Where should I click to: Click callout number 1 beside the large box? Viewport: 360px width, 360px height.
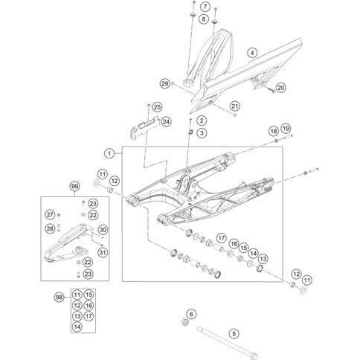coord(109,154)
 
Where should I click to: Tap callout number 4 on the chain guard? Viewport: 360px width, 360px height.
coord(252,53)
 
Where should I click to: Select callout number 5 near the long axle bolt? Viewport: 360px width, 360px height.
coord(234,333)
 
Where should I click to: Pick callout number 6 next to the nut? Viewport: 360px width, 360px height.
coord(191,315)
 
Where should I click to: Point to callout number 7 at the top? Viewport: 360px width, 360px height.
coord(205,7)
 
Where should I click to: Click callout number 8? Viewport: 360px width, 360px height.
coord(204,19)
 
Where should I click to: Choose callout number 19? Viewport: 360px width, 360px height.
coord(286,129)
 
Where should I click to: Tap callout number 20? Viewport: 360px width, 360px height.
coord(281,88)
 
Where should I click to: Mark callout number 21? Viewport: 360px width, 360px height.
coord(234,106)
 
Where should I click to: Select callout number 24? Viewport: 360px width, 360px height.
coord(166,122)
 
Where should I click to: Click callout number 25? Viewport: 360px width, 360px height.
coord(157,107)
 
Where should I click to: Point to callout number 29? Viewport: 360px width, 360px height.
coord(164,83)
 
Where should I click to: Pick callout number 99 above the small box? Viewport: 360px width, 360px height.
coord(74,187)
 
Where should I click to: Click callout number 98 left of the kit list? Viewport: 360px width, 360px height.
coord(59,297)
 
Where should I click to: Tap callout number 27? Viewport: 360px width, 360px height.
coord(50,214)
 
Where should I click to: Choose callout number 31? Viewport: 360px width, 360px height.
coord(103,252)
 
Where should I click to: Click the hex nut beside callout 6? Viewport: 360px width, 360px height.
coord(184,321)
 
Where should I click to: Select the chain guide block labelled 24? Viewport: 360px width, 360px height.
coord(144,127)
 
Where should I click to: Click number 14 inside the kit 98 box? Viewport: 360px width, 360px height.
coord(77,327)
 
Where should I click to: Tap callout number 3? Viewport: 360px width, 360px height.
coord(202,133)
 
